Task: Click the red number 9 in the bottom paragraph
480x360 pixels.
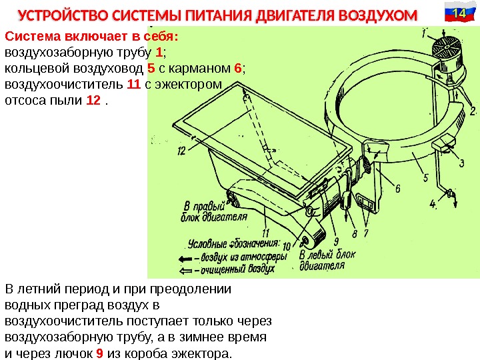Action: click(99, 353)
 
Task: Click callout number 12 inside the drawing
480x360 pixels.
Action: click(181, 151)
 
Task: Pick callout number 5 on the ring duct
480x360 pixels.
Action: click(425, 179)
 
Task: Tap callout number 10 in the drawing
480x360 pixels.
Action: click(287, 246)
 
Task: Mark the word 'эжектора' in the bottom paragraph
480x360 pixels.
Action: click(200, 353)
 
